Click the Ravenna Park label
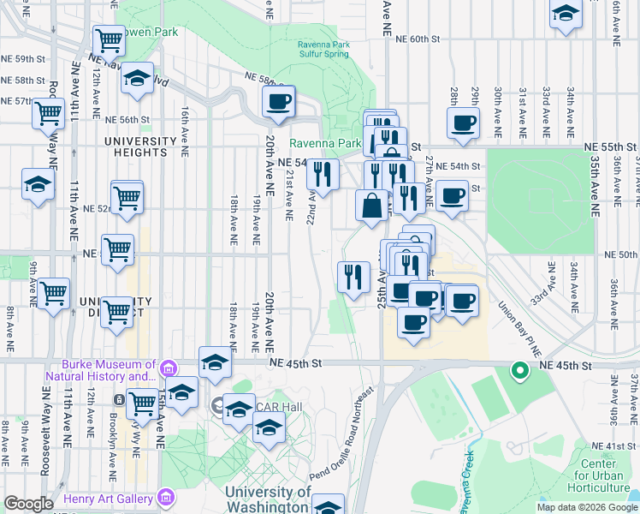point(325,143)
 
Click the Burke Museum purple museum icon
point(168,369)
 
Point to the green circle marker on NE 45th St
point(519,371)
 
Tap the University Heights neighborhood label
point(135,146)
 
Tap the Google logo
point(28,504)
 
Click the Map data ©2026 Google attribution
point(587,507)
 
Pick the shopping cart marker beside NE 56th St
point(49,113)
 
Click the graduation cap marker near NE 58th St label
point(137,79)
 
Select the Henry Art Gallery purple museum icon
point(166,498)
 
